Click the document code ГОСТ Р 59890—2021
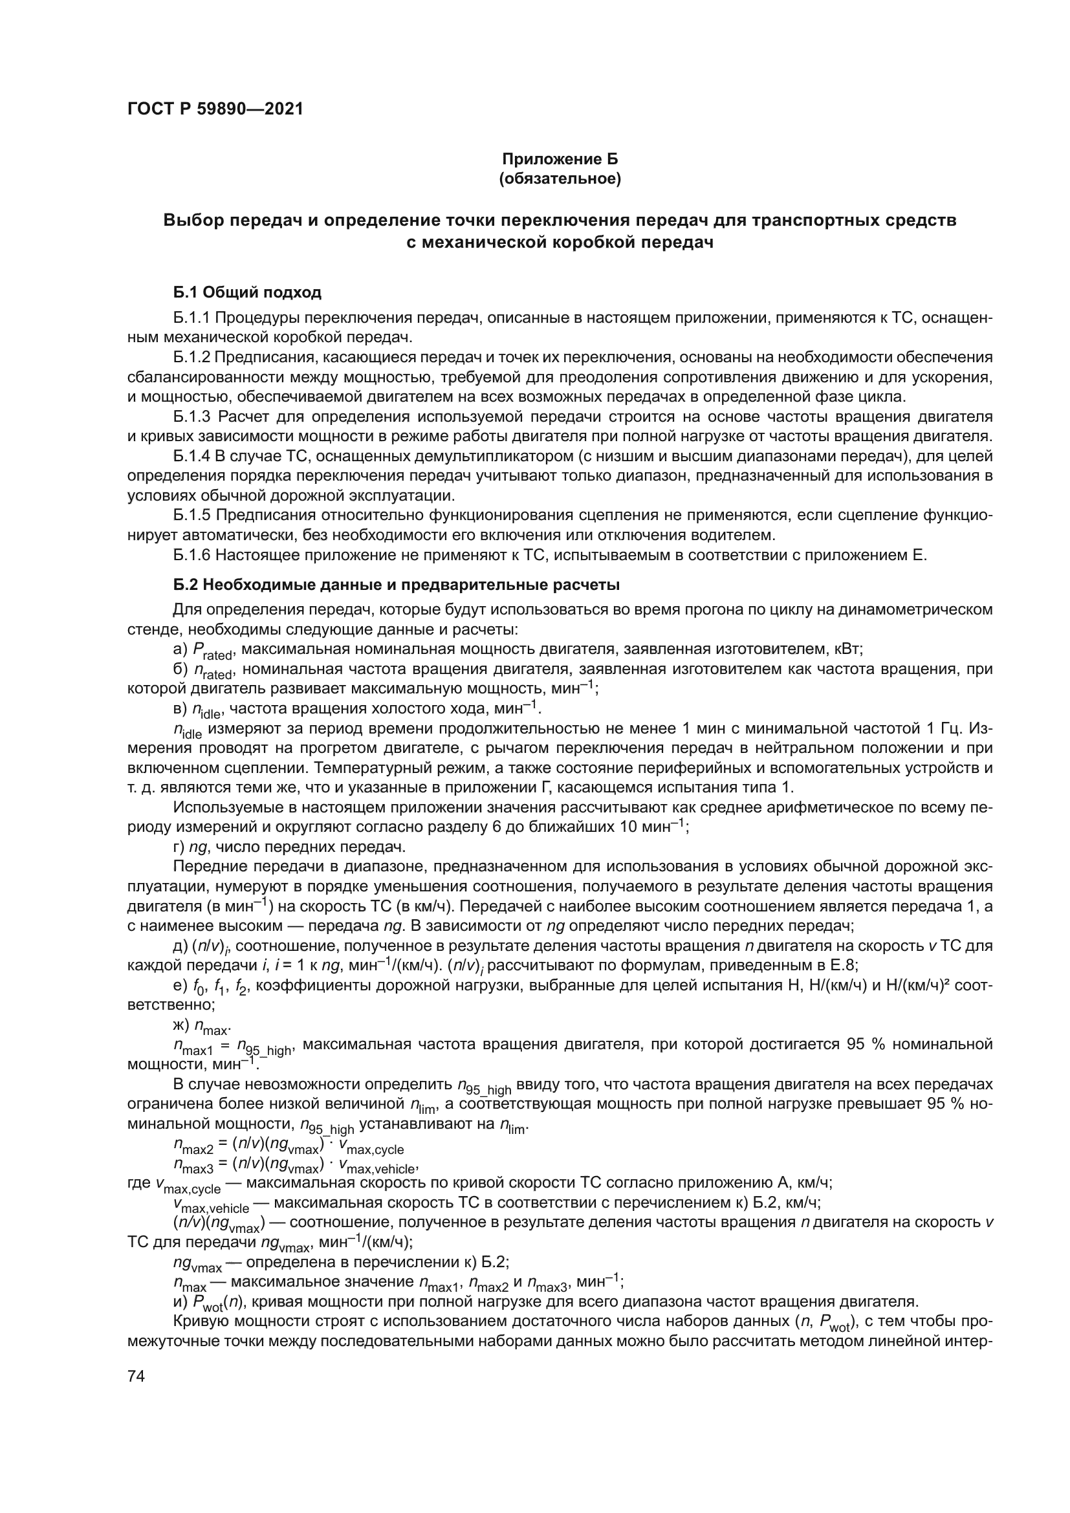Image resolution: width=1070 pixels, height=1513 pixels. tap(215, 109)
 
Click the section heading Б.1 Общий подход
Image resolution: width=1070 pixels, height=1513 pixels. tap(247, 292)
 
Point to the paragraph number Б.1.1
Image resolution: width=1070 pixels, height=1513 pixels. tap(191, 318)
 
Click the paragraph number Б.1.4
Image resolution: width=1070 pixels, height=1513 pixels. tap(191, 456)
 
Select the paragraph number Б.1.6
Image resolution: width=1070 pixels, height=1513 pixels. tap(191, 555)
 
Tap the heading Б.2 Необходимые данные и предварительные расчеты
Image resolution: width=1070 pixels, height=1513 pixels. tap(396, 585)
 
